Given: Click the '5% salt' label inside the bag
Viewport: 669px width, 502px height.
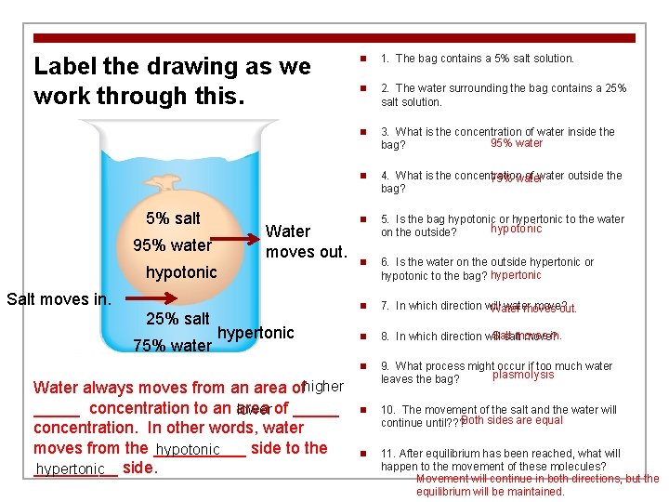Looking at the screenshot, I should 173,218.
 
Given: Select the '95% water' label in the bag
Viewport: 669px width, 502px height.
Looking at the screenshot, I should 173,245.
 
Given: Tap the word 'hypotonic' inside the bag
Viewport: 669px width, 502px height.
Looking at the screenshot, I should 181,272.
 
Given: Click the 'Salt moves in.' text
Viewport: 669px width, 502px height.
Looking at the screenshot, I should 59,299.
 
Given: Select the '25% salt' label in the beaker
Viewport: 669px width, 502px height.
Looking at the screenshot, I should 178,319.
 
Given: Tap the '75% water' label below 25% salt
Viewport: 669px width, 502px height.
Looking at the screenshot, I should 172,346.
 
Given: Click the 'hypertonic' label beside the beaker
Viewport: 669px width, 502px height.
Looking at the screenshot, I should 256,333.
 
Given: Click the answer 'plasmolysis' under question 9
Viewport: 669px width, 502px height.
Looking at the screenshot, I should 522,375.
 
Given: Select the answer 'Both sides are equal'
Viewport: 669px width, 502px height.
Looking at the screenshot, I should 511,420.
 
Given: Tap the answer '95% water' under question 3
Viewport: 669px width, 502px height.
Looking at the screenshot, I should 517,143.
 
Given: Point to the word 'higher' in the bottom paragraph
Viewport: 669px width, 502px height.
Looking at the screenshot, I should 323,386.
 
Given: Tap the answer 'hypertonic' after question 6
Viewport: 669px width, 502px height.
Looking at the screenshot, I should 516,275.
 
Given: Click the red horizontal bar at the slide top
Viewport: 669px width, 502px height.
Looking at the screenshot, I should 334,38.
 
